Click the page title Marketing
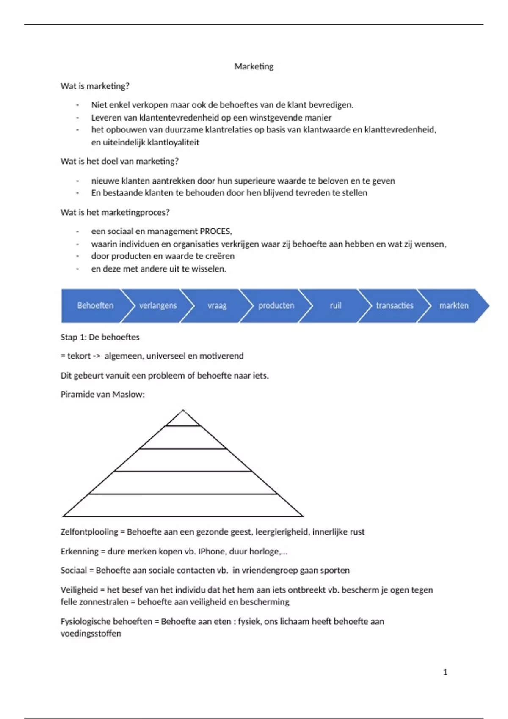click(254, 66)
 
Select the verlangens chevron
click(158, 305)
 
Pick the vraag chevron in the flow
click(217, 305)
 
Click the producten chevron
click(276, 305)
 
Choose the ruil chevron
click(335, 305)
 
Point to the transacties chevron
click(395, 305)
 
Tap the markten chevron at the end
click(454, 305)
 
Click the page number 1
click(445, 672)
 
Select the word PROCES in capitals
click(215, 231)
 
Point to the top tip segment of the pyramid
click(183, 420)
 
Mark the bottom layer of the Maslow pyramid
click(183, 505)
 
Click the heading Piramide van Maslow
click(102, 395)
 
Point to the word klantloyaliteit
click(173, 143)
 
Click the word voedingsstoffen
click(91, 634)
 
